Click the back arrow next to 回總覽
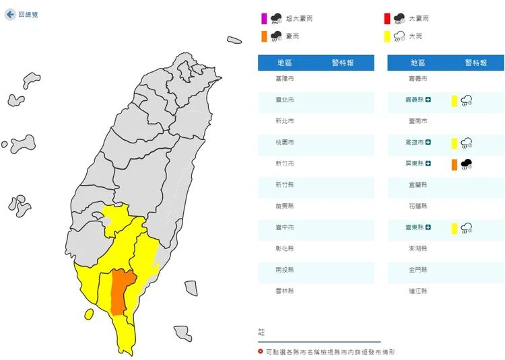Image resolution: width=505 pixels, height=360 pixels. [10, 14]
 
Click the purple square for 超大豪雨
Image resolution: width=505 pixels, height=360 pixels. [264, 19]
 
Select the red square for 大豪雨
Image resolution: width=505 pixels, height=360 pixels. [387, 19]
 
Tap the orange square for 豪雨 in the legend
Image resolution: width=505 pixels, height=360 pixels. [264, 36]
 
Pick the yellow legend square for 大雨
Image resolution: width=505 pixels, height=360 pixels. [387, 36]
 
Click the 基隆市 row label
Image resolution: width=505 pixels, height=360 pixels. [285, 79]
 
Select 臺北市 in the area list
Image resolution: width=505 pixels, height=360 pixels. [285, 100]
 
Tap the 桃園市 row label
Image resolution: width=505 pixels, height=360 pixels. [285, 143]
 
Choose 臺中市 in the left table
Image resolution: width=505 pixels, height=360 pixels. [285, 227]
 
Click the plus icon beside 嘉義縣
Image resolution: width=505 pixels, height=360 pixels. [428, 100]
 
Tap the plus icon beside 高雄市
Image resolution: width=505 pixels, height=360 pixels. [428, 143]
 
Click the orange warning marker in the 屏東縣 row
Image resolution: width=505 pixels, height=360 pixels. [455, 164]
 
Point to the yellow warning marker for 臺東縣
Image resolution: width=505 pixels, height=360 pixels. [455, 228]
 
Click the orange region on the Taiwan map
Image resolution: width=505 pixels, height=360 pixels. [120, 289]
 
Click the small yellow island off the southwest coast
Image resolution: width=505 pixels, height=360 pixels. [89, 314]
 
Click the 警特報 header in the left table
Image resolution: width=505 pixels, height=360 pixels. [343, 63]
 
